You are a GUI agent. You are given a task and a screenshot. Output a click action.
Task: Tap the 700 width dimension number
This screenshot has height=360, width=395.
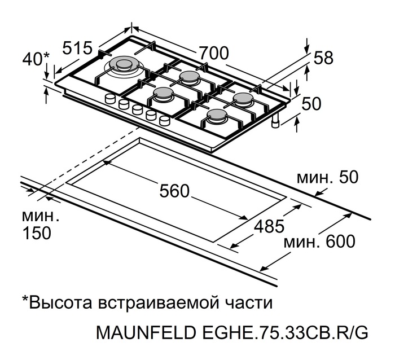click(x=214, y=53)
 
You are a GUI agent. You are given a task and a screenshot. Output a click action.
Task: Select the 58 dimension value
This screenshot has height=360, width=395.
click(x=323, y=58)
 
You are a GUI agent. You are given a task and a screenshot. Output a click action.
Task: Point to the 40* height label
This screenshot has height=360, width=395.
click(x=36, y=59)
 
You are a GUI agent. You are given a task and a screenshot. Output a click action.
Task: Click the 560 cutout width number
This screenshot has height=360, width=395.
click(x=174, y=191)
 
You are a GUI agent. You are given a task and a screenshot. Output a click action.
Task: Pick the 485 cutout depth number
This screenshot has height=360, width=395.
click(x=269, y=226)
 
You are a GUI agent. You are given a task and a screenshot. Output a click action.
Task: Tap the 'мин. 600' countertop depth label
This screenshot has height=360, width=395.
click(x=319, y=242)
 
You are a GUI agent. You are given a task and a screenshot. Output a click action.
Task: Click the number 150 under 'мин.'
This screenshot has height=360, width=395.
click(x=37, y=233)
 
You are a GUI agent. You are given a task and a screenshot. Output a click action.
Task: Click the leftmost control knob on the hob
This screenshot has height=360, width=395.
click(x=110, y=99)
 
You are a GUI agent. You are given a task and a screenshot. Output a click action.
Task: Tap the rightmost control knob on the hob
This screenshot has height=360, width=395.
click(x=165, y=120)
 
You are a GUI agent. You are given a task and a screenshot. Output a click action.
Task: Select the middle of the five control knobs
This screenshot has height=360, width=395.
click(x=137, y=109)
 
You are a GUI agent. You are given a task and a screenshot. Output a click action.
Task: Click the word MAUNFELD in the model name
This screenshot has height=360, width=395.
click(x=146, y=333)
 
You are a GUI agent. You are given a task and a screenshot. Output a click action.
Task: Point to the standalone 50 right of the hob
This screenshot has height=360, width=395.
click(x=311, y=103)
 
